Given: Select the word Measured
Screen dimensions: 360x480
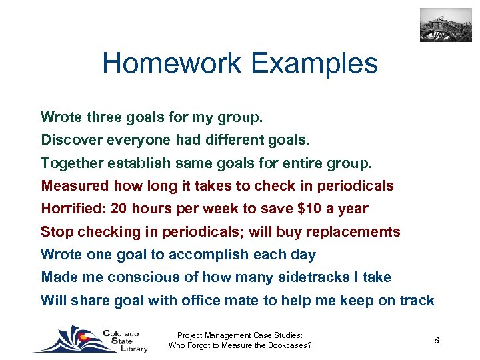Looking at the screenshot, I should (x=75, y=186).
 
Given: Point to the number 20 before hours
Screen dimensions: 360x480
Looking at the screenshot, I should (x=119, y=209).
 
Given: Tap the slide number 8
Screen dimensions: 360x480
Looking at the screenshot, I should (x=436, y=341).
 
